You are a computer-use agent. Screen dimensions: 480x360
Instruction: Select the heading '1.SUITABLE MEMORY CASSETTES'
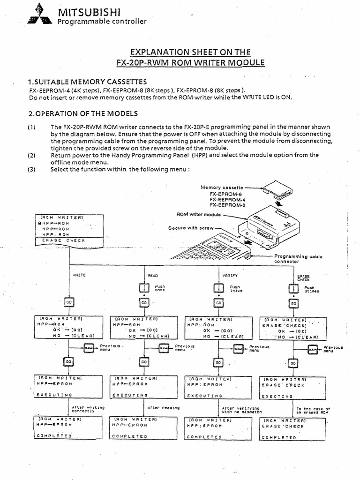(84, 82)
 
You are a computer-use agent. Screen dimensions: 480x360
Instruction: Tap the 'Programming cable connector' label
(298, 259)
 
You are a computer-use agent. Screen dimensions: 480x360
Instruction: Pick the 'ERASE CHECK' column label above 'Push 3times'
(298, 277)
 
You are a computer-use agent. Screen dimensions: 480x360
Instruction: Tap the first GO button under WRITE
(69, 303)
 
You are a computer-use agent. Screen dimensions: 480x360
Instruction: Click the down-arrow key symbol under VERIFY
(218, 287)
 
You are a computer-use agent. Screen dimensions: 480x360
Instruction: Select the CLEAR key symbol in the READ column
(163, 348)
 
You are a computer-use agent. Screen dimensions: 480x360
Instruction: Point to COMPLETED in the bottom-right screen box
(279, 437)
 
